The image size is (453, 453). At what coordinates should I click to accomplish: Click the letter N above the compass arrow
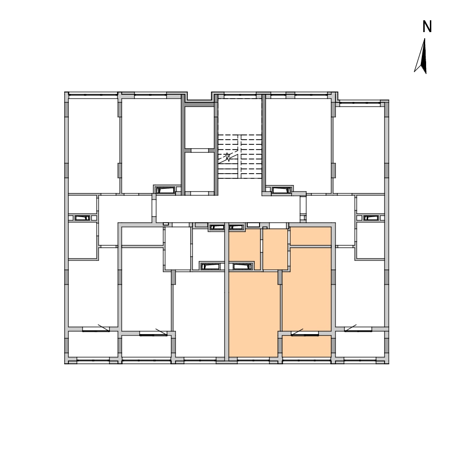[x=427, y=26]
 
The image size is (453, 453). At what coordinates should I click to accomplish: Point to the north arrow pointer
[x=421, y=56]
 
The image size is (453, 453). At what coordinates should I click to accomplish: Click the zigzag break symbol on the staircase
[x=228, y=157]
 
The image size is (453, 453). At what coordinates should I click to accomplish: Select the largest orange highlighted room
[x=254, y=314]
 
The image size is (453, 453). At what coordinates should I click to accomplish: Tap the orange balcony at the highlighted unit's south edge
[x=307, y=346]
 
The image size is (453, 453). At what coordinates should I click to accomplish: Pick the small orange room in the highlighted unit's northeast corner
[x=310, y=236]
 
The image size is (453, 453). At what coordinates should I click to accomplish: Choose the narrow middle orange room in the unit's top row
[x=275, y=249]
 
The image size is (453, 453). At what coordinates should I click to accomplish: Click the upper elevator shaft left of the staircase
[x=199, y=127]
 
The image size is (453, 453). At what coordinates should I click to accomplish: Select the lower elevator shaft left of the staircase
[x=199, y=172]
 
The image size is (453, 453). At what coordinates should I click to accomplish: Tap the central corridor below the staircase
[x=228, y=209]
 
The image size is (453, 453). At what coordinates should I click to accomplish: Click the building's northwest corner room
[x=93, y=146]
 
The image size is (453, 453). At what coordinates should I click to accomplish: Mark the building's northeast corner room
[x=359, y=150]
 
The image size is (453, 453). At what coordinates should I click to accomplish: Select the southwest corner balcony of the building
[x=93, y=344]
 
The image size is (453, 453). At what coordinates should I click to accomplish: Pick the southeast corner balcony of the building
[x=360, y=344]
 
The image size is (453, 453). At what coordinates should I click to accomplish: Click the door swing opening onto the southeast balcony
[x=350, y=328]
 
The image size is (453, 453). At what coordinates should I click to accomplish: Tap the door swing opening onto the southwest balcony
[x=104, y=328]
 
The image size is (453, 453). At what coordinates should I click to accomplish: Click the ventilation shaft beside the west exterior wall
[x=82, y=218]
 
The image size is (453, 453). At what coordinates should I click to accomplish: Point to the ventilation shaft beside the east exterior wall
[x=371, y=218]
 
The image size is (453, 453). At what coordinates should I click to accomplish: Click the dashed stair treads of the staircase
[x=240, y=156]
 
